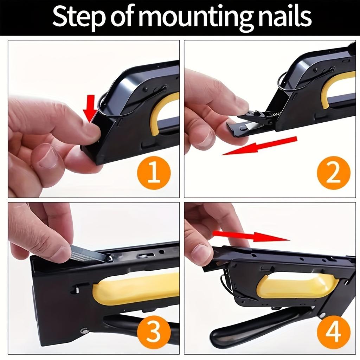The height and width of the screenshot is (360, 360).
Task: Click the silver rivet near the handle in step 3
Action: (84, 330)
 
